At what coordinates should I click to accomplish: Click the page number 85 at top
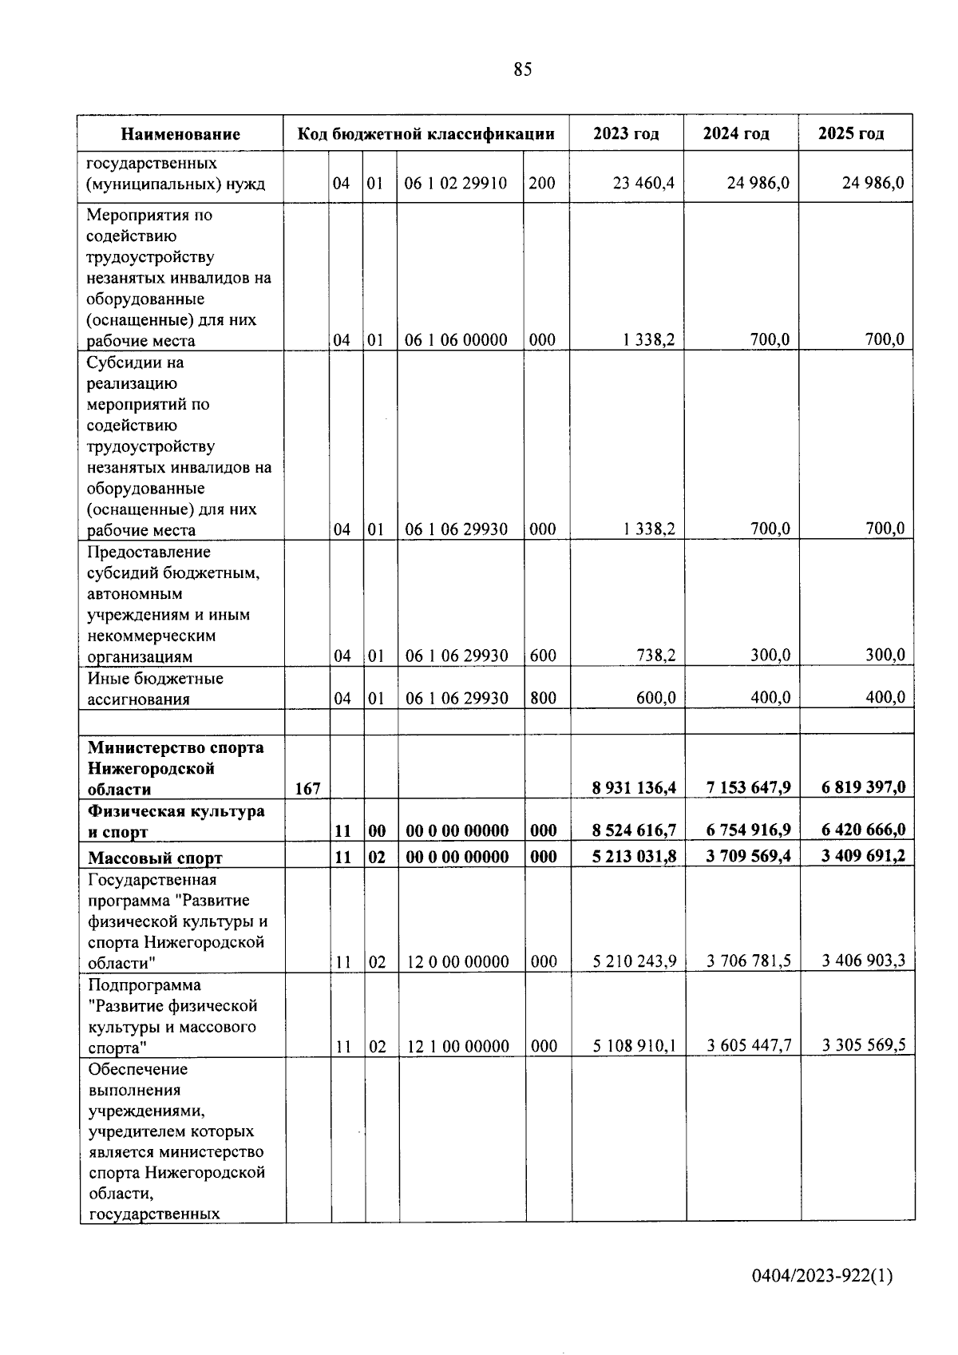click(x=522, y=70)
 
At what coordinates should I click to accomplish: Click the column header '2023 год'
click(x=626, y=133)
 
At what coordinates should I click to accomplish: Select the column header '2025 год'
click(x=851, y=133)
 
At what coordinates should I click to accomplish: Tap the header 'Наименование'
click(x=181, y=134)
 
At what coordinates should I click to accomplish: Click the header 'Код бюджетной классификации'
click(x=426, y=133)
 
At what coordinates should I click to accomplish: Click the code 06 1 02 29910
click(x=456, y=184)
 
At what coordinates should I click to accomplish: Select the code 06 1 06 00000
click(x=456, y=340)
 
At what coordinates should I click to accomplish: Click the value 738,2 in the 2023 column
click(x=655, y=656)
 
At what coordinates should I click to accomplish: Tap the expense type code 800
click(x=543, y=698)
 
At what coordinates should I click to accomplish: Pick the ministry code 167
click(x=307, y=789)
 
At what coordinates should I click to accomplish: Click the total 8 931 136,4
click(x=634, y=788)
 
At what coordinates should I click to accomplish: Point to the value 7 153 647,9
click(x=748, y=788)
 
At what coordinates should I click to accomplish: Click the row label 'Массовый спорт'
click(x=155, y=858)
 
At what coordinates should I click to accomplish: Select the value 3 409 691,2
click(x=863, y=856)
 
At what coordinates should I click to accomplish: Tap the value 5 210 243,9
click(x=635, y=961)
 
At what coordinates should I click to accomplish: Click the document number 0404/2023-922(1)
click(x=822, y=1276)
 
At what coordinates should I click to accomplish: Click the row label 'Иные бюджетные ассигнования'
click(x=155, y=689)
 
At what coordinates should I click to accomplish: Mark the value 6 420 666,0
click(x=863, y=830)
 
